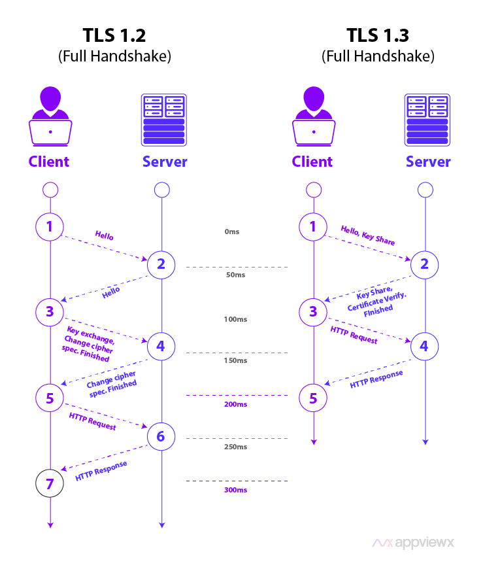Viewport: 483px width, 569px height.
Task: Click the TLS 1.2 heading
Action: [x=114, y=35]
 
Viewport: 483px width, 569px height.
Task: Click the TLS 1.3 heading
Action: [x=378, y=35]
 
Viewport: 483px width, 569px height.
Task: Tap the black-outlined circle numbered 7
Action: [x=50, y=483]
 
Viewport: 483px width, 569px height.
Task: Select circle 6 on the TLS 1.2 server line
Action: [x=161, y=437]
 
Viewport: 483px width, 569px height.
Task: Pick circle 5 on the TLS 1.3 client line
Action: [x=313, y=397]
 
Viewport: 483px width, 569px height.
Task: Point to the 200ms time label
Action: [x=235, y=404]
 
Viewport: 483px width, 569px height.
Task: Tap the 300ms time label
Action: [x=235, y=490]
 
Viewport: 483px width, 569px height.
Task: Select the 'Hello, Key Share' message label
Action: [x=368, y=235]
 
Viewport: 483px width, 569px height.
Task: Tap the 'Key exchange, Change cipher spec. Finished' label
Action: [x=87, y=343]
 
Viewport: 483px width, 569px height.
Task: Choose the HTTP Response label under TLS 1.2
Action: [x=101, y=472]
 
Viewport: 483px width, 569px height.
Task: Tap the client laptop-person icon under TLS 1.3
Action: [x=313, y=118]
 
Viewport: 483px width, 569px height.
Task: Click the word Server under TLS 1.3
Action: [x=428, y=162]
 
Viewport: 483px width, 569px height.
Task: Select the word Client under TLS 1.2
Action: [x=48, y=162]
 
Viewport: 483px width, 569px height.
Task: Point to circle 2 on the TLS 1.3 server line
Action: [x=424, y=264]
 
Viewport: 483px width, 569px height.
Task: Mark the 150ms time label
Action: [x=235, y=361]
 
